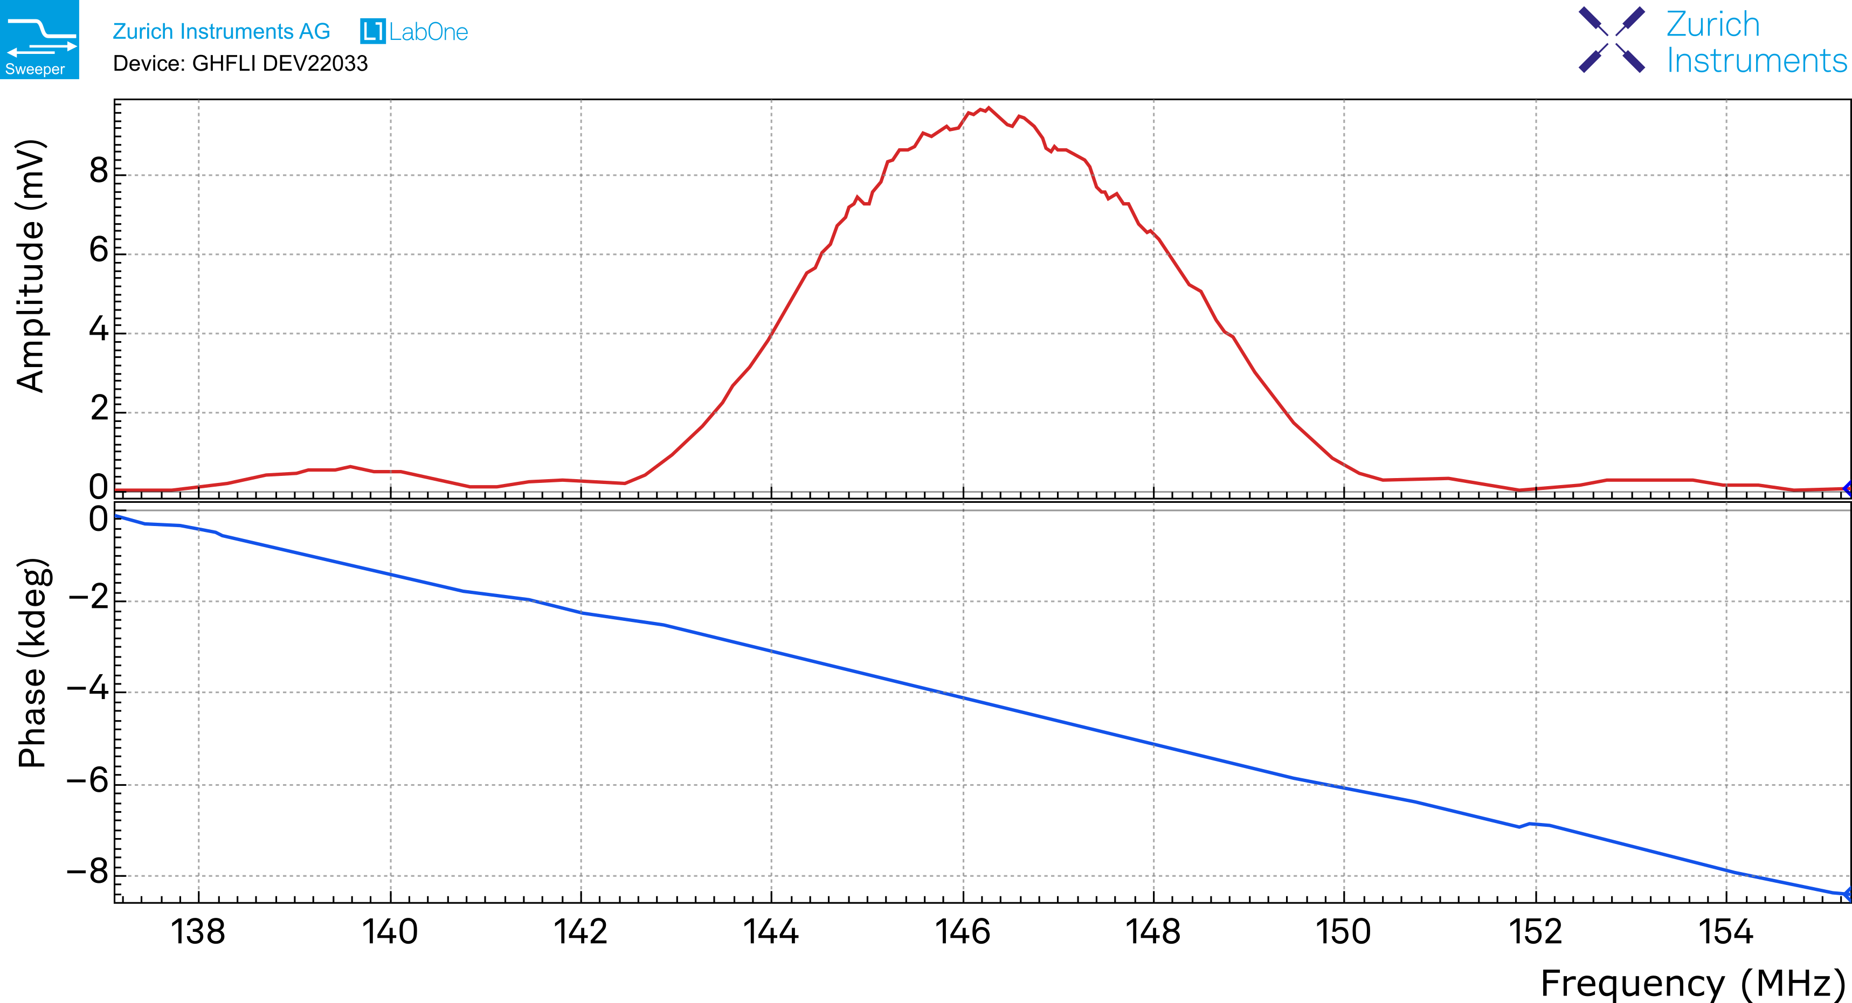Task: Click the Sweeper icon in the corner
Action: pyautogui.click(x=39, y=39)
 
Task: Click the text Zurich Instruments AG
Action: pyautogui.click(x=220, y=32)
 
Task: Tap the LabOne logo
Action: pyautogui.click(x=414, y=32)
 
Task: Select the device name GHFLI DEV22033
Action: pyautogui.click(x=280, y=64)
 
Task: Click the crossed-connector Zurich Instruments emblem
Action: pyautogui.click(x=1611, y=39)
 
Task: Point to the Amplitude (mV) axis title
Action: pyautogui.click(x=30, y=266)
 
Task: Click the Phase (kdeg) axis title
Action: pyautogui.click(x=32, y=663)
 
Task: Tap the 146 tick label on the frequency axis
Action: pyautogui.click(x=962, y=932)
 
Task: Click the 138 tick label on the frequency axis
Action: pyautogui.click(x=198, y=932)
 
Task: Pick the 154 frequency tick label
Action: pyautogui.click(x=1725, y=932)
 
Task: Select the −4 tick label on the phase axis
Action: pyautogui.click(x=88, y=690)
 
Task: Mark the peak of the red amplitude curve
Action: pyautogui.click(x=989, y=108)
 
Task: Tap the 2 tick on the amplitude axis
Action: pyautogui.click(x=99, y=410)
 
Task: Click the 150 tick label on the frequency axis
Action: pyautogui.click(x=1343, y=932)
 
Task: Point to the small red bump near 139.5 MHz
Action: pyautogui.click(x=350, y=467)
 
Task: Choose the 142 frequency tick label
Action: pyautogui.click(x=580, y=932)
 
